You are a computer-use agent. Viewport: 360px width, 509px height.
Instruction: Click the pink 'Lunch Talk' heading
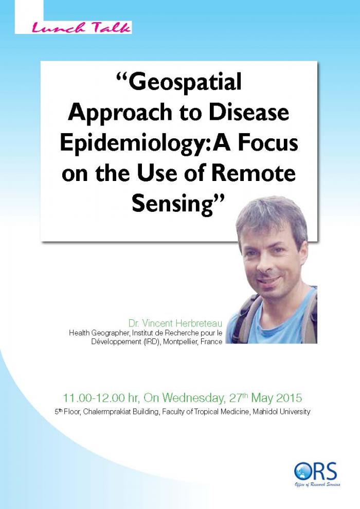click(81, 28)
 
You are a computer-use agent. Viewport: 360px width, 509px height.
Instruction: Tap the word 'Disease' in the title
click(248, 112)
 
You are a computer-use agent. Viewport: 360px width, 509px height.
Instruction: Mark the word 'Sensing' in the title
click(174, 204)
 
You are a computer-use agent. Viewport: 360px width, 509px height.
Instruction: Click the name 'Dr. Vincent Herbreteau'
click(175, 323)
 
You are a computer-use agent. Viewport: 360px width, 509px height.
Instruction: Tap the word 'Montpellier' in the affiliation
click(181, 341)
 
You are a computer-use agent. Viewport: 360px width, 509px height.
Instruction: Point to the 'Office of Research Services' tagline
click(317, 485)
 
